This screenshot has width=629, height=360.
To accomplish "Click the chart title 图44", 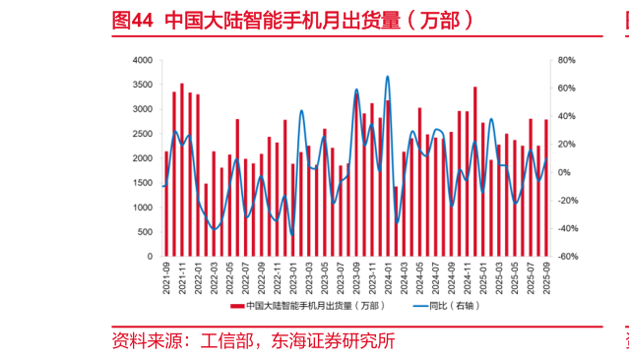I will point(133,19).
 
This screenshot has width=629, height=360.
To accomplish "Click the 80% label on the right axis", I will point(565,61).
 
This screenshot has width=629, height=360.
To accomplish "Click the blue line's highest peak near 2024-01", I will point(388,77).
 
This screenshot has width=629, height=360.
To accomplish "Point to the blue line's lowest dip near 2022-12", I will point(290,232).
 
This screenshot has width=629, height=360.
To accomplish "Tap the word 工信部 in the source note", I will point(228,342).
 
